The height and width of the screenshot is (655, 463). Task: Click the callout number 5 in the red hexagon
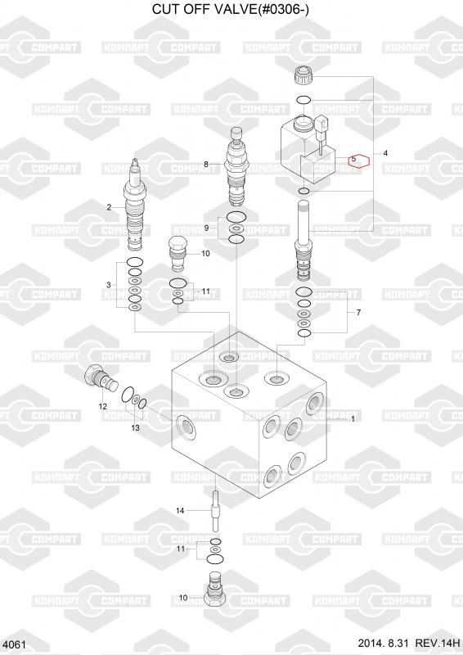pyautogui.click(x=353, y=159)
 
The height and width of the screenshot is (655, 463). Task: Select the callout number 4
pyautogui.click(x=385, y=153)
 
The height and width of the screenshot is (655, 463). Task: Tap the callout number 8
pyautogui.click(x=206, y=165)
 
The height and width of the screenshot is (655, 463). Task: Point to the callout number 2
pyautogui.click(x=109, y=207)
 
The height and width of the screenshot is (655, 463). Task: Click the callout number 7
pyautogui.click(x=358, y=313)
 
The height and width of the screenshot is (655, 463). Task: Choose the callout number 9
pyautogui.click(x=206, y=228)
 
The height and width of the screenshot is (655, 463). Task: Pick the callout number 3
pyautogui.click(x=109, y=285)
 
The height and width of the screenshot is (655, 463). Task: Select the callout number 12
pyautogui.click(x=103, y=406)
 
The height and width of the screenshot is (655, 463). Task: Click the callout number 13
pyautogui.click(x=135, y=427)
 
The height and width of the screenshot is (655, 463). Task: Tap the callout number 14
pyautogui.click(x=180, y=510)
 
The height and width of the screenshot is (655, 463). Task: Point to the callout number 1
pyautogui.click(x=353, y=418)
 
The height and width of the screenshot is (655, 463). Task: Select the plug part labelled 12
pyautogui.click(x=101, y=378)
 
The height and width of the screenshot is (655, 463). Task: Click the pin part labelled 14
pyautogui.click(x=215, y=511)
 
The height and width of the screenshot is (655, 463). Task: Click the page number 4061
pyautogui.click(x=14, y=644)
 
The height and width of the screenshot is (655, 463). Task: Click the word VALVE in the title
pyautogui.click(x=228, y=9)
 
